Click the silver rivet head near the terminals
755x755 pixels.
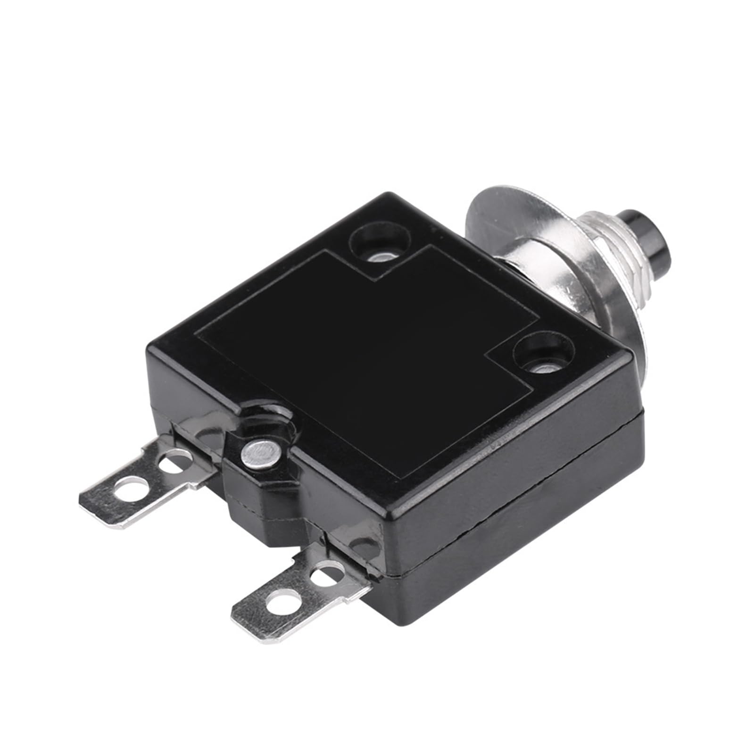(x=259, y=453)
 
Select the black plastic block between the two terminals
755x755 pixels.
(x=264, y=509)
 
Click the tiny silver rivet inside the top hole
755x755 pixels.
(x=380, y=257)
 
